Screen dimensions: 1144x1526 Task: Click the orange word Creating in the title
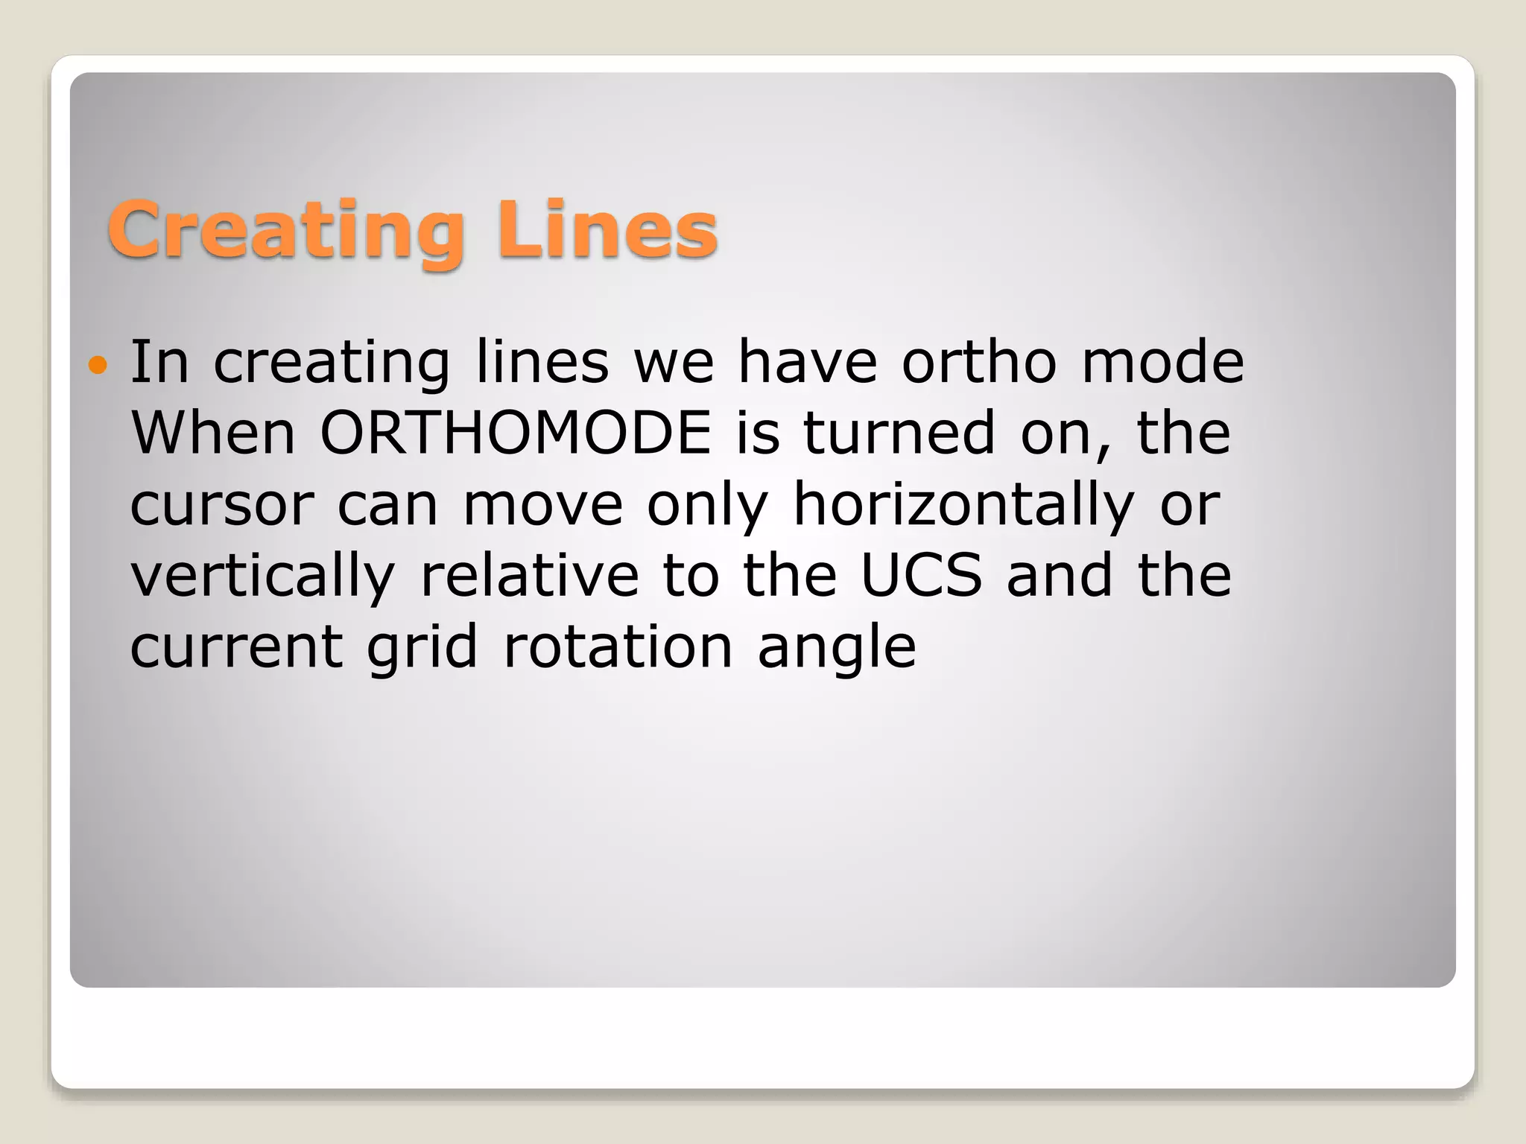286,231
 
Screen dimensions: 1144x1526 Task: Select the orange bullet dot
98,365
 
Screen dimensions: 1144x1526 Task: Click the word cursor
221,505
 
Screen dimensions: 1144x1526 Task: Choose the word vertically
262,576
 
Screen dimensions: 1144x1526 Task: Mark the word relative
530,575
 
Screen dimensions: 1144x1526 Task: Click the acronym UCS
921,575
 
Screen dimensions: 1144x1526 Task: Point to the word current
236,646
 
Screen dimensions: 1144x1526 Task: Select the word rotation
618,646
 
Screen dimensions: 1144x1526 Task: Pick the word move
542,505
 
